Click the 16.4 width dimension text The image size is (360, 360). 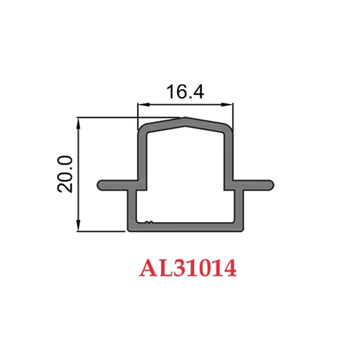(x=185, y=92)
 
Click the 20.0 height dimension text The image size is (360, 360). (x=65, y=174)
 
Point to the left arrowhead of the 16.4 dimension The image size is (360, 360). (x=141, y=105)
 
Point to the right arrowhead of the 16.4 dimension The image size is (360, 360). (x=229, y=105)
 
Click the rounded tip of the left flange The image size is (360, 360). (x=100, y=184)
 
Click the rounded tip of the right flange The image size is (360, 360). (x=270, y=184)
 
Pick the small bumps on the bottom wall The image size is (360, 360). (x=148, y=224)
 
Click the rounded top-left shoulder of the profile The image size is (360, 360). (x=141, y=129)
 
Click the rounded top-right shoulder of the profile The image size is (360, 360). (x=229, y=129)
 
